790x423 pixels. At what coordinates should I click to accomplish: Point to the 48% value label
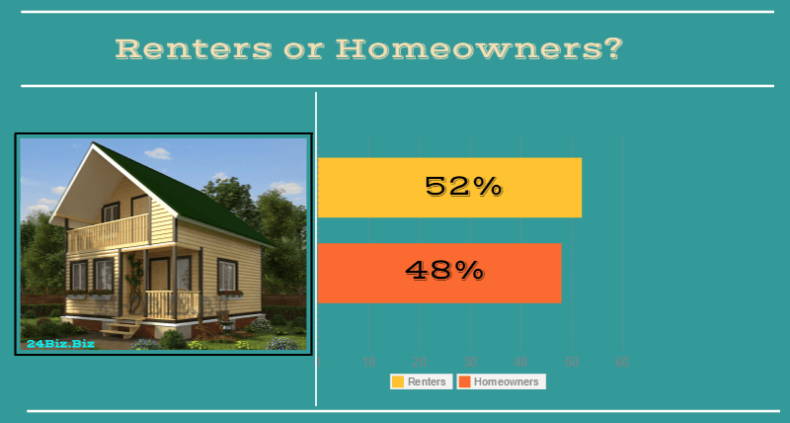pyautogui.click(x=444, y=270)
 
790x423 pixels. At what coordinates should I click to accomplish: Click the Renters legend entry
pyautogui.click(x=421, y=381)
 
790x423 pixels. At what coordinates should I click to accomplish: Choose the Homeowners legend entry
pyautogui.click(x=501, y=381)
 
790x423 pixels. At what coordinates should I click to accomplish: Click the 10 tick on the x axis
pyautogui.click(x=369, y=362)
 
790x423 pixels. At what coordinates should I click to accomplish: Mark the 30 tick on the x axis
pyautogui.click(x=470, y=362)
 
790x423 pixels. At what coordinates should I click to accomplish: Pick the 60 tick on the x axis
pyautogui.click(x=622, y=362)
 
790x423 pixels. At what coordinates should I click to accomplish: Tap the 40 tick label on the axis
pyautogui.click(x=520, y=362)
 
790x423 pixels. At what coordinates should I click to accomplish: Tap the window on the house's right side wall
pyautogui.click(x=227, y=274)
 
